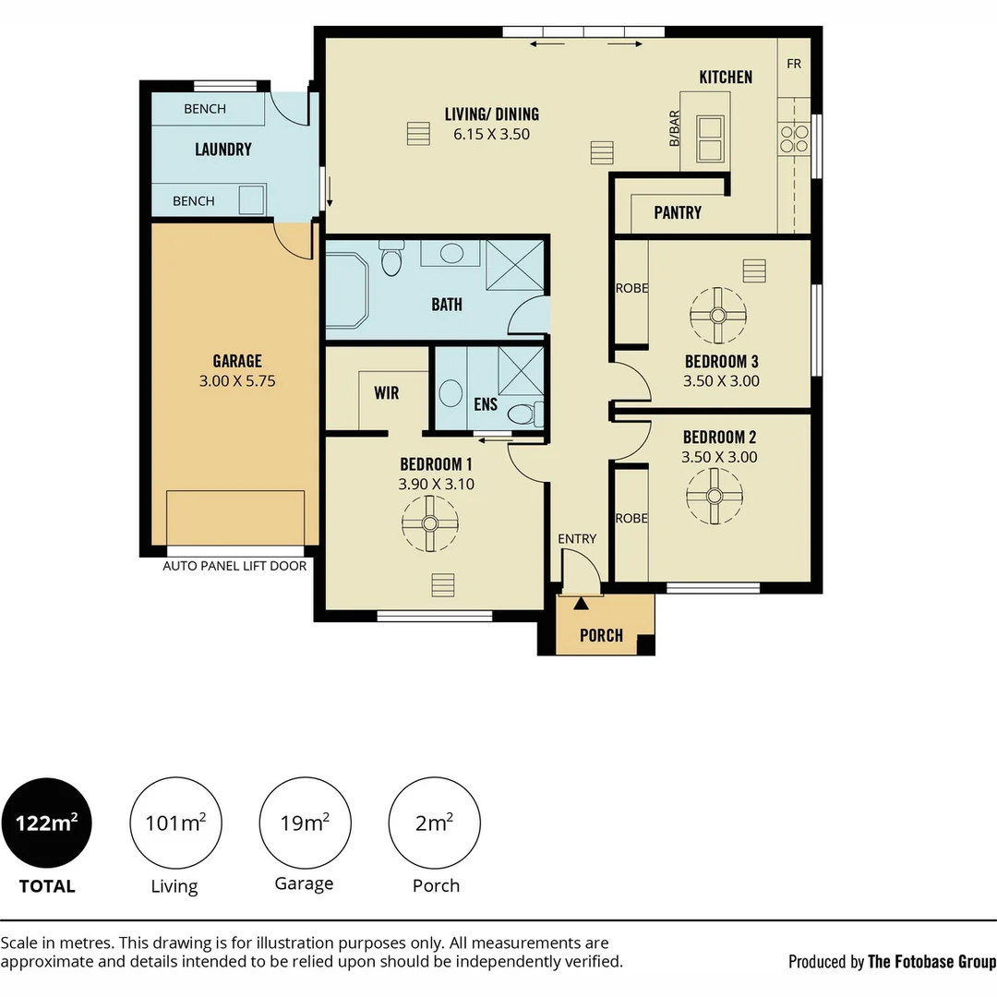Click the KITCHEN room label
coord(726,77)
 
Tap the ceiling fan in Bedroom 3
coord(718,316)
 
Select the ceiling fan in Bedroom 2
coord(715,496)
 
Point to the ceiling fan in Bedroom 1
coord(430,523)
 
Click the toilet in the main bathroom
coord(391,258)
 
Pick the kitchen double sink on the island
coord(710,138)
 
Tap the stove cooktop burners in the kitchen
coord(794,139)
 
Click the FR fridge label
coord(794,64)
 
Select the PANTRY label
coord(678,212)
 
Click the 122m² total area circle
coord(46,823)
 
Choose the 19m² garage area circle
coord(306,823)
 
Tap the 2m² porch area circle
coord(434,823)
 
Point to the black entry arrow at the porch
coord(581,603)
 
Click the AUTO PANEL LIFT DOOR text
coord(234,566)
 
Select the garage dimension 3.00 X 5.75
coord(237,381)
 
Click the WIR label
coord(387,393)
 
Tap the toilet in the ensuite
coord(525,414)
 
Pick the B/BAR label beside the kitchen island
coord(675,128)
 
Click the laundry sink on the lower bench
coord(251,199)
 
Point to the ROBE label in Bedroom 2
coord(632,518)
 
